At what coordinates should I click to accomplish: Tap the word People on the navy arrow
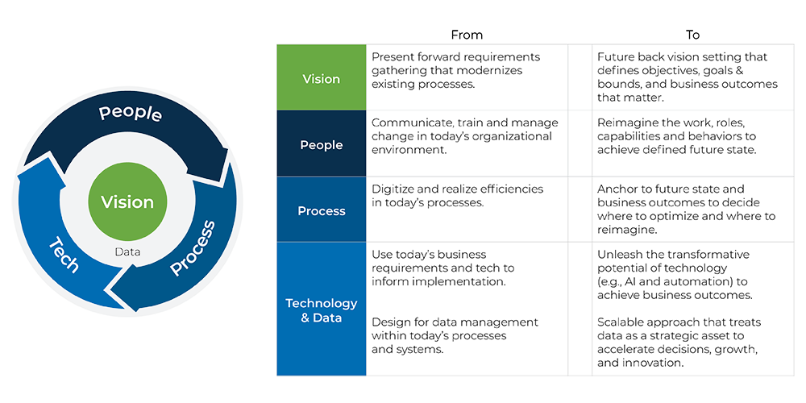coord(131,114)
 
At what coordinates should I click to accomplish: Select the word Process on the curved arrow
coord(193,247)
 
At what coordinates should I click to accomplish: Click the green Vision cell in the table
coord(321,79)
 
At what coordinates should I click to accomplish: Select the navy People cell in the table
coord(321,145)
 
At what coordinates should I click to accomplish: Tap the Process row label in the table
coord(321,211)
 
